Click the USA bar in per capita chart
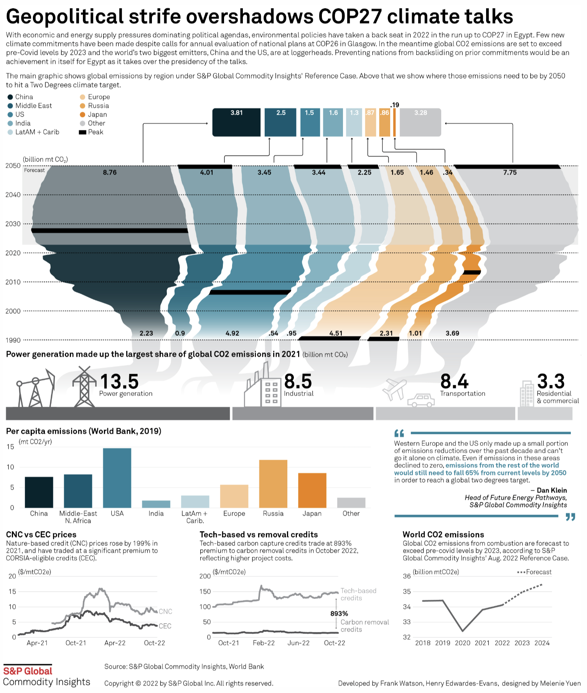(117, 478)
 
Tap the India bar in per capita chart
(156, 504)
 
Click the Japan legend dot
(82, 114)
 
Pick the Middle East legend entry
(33, 106)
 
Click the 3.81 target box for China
(236, 122)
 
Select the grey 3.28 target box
(420, 122)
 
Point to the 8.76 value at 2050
(110, 172)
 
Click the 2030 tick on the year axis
(13, 224)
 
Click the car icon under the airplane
(421, 400)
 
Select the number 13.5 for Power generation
(119, 381)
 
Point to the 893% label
(339, 614)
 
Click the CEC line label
(165, 626)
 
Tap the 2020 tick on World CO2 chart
(462, 643)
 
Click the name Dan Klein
(552, 490)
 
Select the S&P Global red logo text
(28, 671)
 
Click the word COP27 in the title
(350, 16)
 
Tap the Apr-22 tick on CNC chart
(115, 643)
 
